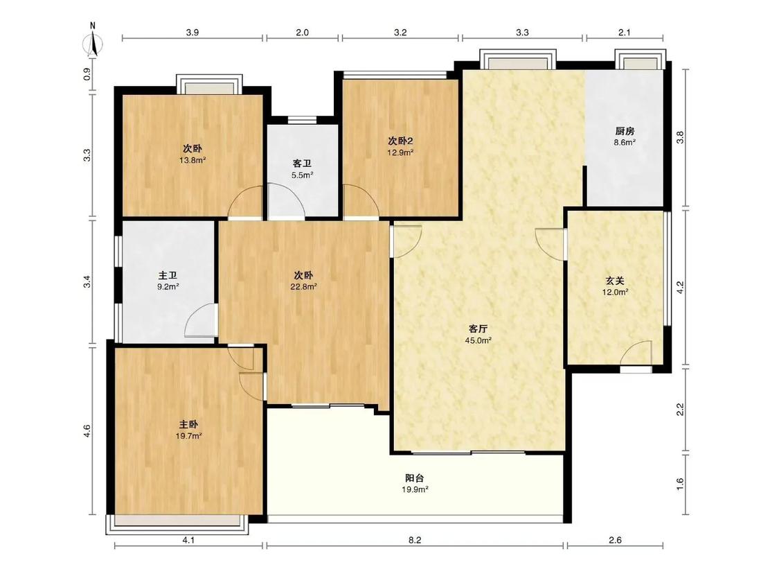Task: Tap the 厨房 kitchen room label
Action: pyautogui.click(x=625, y=131)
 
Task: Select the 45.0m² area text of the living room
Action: pyautogui.click(x=478, y=340)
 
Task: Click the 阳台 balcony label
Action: pyautogui.click(x=414, y=478)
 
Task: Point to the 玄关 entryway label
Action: pyautogui.click(x=615, y=281)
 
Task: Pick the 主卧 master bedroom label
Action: pyautogui.click(x=188, y=424)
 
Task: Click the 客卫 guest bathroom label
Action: pyautogui.click(x=302, y=164)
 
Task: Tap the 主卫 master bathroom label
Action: pyautogui.click(x=168, y=275)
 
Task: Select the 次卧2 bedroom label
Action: pyautogui.click(x=400, y=141)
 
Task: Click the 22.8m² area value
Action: pyautogui.click(x=303, y=286)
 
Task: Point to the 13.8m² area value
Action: pyautogui.click(x=192, y=160)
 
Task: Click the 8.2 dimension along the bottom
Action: pyautogui.click(x=415, y=540)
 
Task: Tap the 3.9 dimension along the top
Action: pyautogui.click(x=192, y=33)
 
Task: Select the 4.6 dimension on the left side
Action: pyautogui.click(x=87, y=431)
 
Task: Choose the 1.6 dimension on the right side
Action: pyautogui.click(x=681, y=484)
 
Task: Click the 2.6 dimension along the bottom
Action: pyautogui.click(x=615, y=540)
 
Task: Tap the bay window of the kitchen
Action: pyautogui.click(x=640, y=60)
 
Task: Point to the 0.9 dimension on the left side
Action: pyautogui.click(x=87, y=74)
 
